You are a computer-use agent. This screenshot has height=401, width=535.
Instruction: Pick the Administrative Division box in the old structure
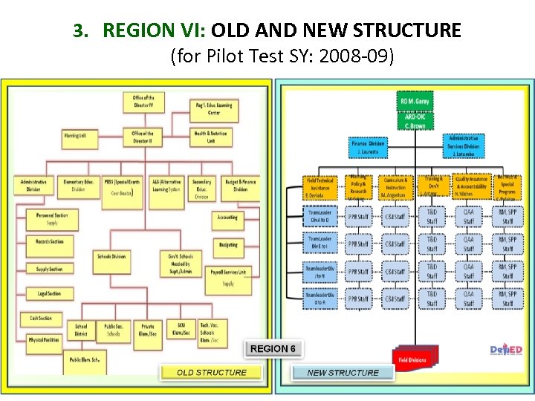[x=34, y=185]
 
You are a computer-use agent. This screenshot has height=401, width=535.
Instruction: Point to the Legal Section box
[x=50, y=293]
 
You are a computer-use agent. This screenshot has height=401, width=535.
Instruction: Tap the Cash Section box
[x=41, y=318]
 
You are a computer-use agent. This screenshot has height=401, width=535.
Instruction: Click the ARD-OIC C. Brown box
[x=415, y=120]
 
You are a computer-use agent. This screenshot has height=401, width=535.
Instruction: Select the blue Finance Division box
[x=368, y=146]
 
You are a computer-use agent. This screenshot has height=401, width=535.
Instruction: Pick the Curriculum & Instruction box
[x=396, y=186]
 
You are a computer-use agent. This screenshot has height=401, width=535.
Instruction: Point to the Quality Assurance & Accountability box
[x=472, y=186]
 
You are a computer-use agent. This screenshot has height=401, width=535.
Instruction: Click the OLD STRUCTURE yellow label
[x=211, y=372]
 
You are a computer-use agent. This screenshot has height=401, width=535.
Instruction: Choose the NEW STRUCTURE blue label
[x=343, y=372]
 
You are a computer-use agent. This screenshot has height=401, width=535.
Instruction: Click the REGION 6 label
[x=273, y=348]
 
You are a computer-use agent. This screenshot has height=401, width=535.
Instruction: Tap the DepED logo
[x=508, y=351]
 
